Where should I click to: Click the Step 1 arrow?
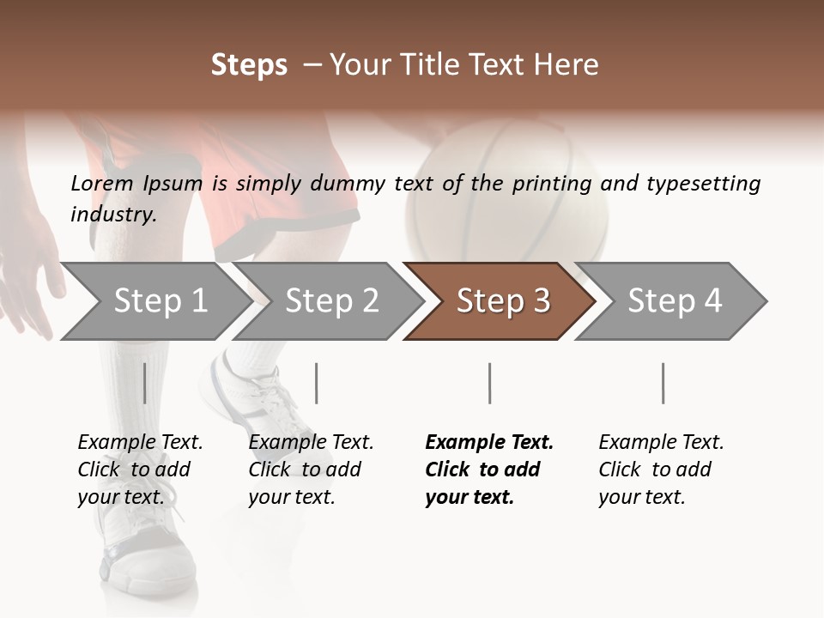[160, 301]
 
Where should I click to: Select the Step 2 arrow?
[331, 301]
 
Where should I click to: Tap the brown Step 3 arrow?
[503, 301]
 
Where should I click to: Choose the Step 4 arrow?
[675, 301]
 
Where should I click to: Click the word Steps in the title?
[249, 65]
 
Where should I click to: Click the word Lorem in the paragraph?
[102, 183]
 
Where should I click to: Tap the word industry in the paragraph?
[112, 215]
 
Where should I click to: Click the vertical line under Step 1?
[144, 383]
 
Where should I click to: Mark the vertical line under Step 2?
[317, 383]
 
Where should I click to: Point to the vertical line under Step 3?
[489, 383]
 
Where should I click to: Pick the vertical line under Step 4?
[663, 383]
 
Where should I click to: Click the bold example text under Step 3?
[488, 470]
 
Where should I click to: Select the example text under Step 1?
[140, 470]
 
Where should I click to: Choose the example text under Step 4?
[661, 470]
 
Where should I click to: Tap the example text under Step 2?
[311, 470]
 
